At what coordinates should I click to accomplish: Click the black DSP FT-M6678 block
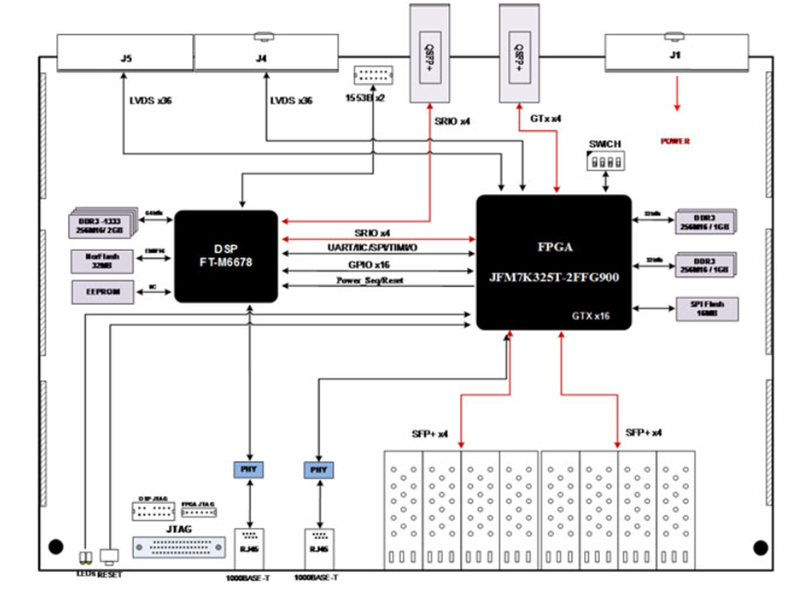[226, 256]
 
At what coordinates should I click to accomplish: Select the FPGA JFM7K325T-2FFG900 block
[553, 261]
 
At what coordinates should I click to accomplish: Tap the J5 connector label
[126, 58]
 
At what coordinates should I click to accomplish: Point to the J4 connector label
[262, 58]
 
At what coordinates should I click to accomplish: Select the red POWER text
[676, 141]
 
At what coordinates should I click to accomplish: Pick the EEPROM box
[102, 292]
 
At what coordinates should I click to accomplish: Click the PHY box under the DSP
[248, 469]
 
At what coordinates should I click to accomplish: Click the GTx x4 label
[545, 120]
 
